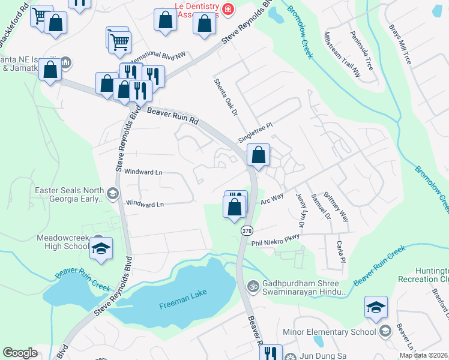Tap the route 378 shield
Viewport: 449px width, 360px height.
pyautogui.click(x=247, y=230)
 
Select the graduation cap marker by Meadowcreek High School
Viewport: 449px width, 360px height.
pyautogui.click(x=101, y=248)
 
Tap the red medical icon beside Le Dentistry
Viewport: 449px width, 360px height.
pyautogui.click(x=228, y=9)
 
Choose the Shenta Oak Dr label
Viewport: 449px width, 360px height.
pyautogui.click(x=226, y=96)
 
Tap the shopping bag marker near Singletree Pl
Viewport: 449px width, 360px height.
pyautogui.click(x=258, y=155)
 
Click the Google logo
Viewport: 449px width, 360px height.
pyautogui.click(x=20, y=353)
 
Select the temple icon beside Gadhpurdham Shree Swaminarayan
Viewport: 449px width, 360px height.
pyautogui.click(x=253, y=286)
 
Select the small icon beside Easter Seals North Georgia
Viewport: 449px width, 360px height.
pyautogui.click(x=112, y=193)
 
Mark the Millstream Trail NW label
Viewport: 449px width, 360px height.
pyautogui.click(x=342, y=54)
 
